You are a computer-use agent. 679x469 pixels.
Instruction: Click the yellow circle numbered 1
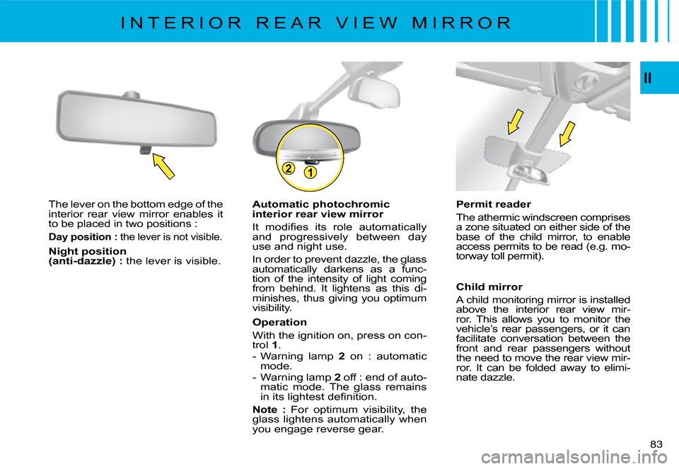tap(310, 173)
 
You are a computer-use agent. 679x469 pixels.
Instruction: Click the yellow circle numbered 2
tap(288, 168)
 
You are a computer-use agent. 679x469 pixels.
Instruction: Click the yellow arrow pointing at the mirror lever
tap(163, 166)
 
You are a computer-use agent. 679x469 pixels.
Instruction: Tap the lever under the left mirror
tap(146, 150)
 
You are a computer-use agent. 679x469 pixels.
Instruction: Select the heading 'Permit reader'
tap(493, 204)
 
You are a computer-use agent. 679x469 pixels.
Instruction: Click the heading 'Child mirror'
tap(489, 286)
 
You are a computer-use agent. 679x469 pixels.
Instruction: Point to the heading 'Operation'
tap(279, 322)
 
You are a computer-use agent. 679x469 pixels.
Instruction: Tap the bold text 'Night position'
tap(88, 251)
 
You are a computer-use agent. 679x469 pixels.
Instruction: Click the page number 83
tap(656, 444)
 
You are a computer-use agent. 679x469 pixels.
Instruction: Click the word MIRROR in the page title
tap(462, 23)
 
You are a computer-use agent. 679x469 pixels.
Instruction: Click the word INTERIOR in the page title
tap(182, 23)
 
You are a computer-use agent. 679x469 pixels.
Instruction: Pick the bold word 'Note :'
tap(269, 410)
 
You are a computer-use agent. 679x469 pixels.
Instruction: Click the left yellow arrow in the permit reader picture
tap(516, 122)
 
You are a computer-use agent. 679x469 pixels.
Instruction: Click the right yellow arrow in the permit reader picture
tap(567, 134)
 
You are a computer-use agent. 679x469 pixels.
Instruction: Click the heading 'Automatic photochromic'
tap(321, 204)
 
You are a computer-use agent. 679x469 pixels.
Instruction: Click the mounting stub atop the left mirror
tap(131, 95)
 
